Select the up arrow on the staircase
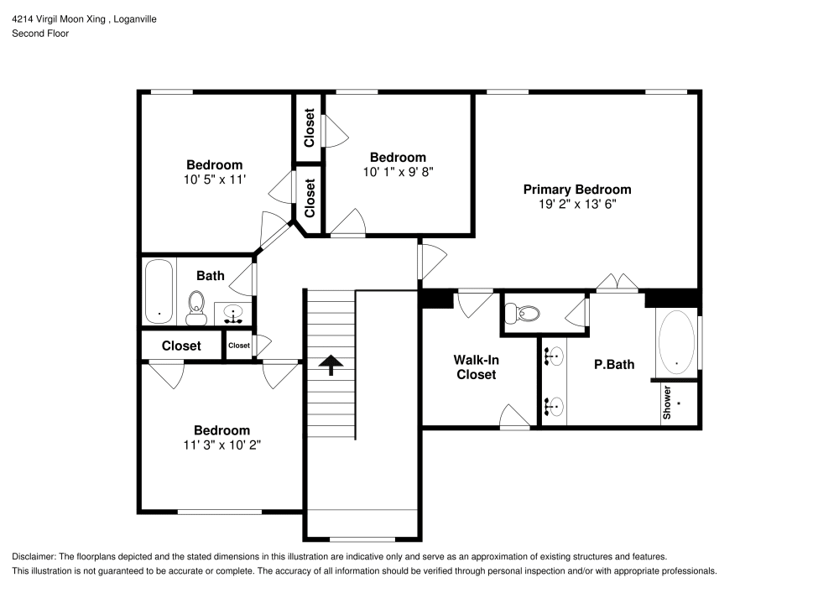[x=331, y=363]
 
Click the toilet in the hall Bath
[x=196, y=307]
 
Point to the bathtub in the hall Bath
[x=159, y=291]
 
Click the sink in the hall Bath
[x=233, y=314]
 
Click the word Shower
[x=668, y=403]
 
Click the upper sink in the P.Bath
[x=554, y=357]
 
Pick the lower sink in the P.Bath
[x=554, y=408]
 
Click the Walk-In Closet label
[x=476, y=367]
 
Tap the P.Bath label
[x=613, y=364]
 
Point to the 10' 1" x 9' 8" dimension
[x=398, y=171]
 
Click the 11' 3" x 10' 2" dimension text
[x=221, y=445]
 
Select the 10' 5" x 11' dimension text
[x=214, y=179]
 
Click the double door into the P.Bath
[x=619, y=283]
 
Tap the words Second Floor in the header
[x=40, y=34]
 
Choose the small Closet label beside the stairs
[x=238, y=346]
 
